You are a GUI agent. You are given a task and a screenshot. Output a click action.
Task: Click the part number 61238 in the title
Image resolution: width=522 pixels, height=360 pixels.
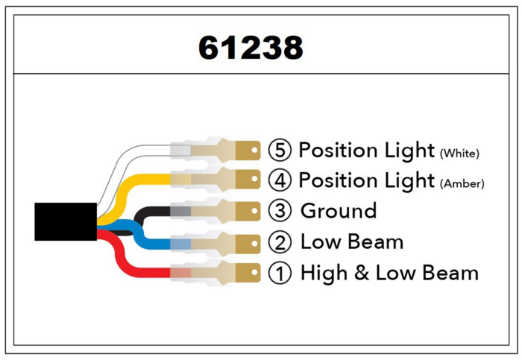(251, 47)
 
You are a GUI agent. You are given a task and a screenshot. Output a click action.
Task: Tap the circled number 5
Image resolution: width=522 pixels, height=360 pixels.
(280, 150)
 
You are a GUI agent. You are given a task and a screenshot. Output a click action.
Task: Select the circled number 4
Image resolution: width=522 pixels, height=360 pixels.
(280, 180)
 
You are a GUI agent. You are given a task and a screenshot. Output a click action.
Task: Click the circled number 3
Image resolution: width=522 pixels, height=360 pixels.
(280, 211)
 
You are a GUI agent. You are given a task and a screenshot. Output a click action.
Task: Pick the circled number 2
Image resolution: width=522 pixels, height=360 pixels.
(280, 242)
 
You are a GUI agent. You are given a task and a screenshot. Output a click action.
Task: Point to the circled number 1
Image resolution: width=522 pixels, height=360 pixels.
(280, 273)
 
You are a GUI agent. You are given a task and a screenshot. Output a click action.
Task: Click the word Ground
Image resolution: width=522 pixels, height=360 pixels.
(339, 211)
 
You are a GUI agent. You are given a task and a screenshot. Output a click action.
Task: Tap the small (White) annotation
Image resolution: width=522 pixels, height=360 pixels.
(459, 154)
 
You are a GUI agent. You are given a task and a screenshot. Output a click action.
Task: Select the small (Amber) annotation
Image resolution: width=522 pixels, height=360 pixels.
(462, 183)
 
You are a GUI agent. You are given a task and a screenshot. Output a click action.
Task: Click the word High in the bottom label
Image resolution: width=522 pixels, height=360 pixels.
(324, 274)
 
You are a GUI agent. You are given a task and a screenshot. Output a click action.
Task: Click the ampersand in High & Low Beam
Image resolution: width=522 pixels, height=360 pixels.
(362, 273)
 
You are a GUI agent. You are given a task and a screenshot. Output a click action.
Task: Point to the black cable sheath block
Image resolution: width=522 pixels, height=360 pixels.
(66, 221)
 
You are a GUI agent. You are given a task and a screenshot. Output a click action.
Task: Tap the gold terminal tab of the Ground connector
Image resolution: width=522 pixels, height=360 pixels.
(248, 211)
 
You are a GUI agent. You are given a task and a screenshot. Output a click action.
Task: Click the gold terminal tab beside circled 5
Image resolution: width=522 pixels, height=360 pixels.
(248, 151)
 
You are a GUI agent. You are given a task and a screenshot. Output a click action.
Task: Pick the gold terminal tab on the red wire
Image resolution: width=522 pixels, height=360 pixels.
(248, 273)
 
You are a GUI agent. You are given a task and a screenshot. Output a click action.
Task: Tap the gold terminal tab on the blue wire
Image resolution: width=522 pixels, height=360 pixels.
(248, 244)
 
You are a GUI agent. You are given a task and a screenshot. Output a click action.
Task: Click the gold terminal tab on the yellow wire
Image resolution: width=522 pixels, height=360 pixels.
(248, 179)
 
